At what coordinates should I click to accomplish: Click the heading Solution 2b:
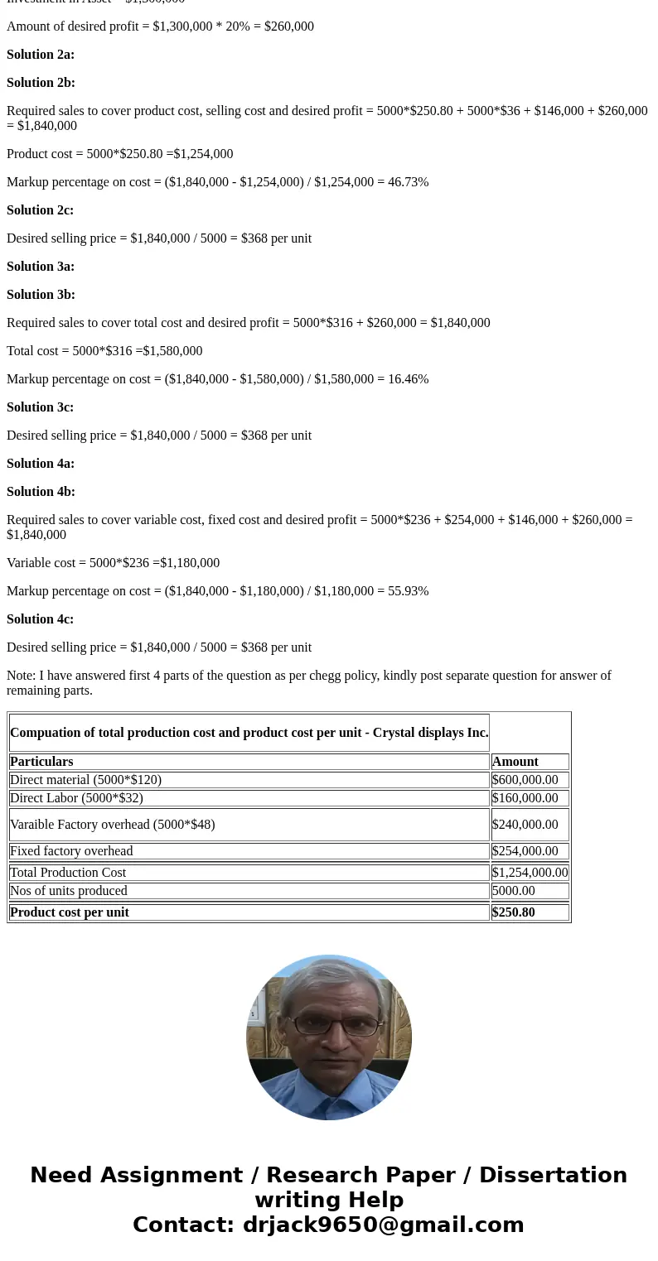tap(41, 83)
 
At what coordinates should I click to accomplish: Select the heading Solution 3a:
tap(41, 267)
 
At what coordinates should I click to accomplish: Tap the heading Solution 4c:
tap(40, 619)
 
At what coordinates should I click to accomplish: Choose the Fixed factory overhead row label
tap(71, 851)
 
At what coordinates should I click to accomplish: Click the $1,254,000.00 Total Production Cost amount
tap(530, 873)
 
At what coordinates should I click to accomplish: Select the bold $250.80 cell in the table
tap(513, 912)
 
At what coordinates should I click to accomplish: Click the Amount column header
tap(515, 762)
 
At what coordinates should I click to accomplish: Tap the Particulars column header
tap(41, 762)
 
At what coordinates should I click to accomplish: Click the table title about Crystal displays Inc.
tap(249, 733)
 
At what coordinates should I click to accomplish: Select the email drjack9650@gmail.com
tap(383, 1225)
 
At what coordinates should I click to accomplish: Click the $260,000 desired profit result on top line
tap(289, 26)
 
